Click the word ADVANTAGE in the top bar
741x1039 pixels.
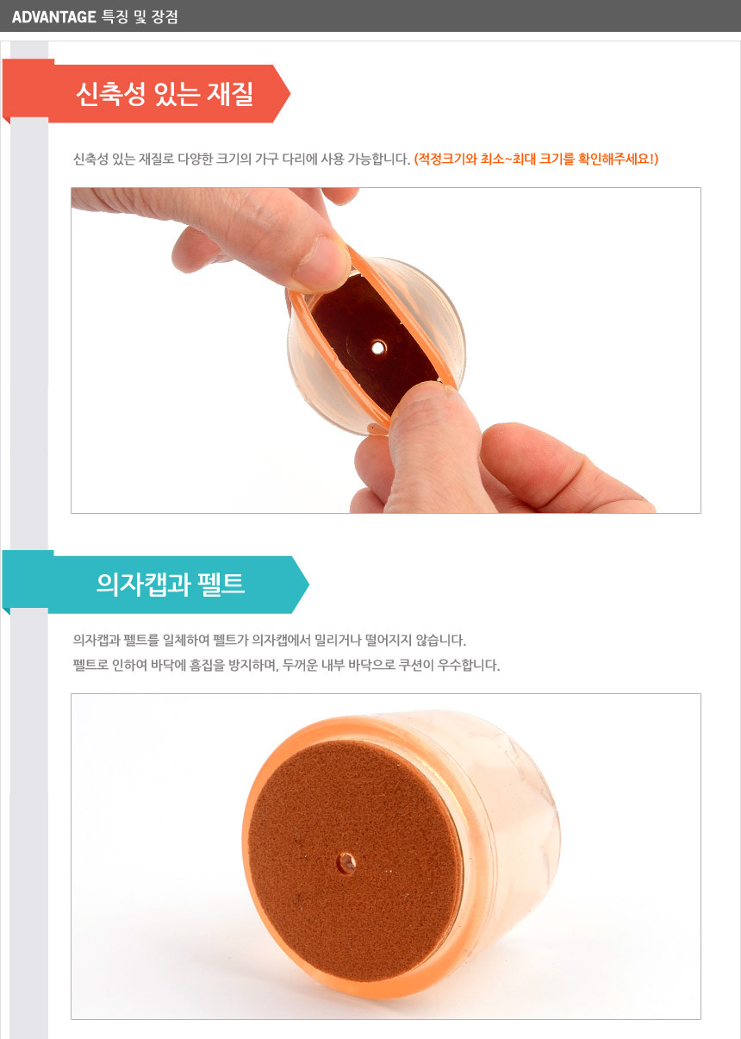pyautogui.click(x=53, y=17)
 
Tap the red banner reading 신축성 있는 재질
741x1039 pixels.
pyautogui.click(x=146, y=93)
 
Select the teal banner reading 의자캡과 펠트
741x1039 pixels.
pyautogui.click(x=156, y=584)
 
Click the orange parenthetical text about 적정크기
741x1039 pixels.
pyautogui.click(x=536, y=160)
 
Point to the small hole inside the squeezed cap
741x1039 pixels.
pyautogui.click(x=378, y=347)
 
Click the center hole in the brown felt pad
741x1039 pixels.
pyautogui.click(x=346, y=863)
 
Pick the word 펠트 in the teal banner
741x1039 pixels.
pyautogui.click(x=221, y=584)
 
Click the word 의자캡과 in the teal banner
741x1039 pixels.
pyautogui.click(x=144, y=584)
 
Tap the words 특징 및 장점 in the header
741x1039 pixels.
pyautogui.click(x=140, y=17)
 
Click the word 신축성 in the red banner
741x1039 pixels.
pyautogui.click(x=110, y=94)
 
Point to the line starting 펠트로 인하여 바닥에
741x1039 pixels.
pyautogui.click(x=286, y=665)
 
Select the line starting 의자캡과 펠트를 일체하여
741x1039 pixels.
pyautogui.click(x=269, y=640)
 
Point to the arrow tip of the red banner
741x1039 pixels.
pyautogui.click(x=290, y=94)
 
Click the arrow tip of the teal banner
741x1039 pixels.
pyautogui.click(x=308, y=584)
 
